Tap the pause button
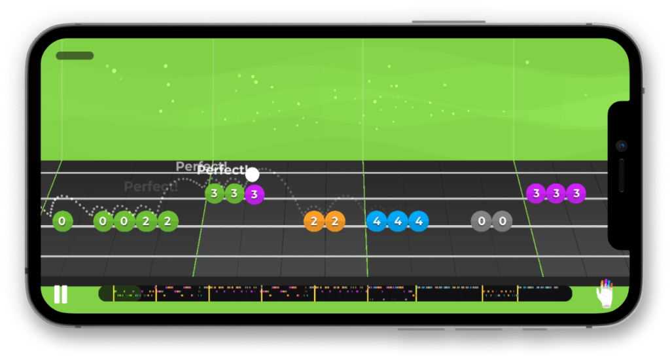(60, 295)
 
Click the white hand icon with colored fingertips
(607, 294)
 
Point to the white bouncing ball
(252, 175)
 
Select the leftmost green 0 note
(62, 221)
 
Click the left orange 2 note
(314, 221)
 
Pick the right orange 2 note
(334, 221)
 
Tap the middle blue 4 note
(397, 221)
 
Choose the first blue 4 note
(376, 221)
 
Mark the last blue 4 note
(418, 221)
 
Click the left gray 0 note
(482, 221)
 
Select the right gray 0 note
(502, 221)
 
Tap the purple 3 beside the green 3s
(255, 194)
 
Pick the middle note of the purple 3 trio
(555, 193)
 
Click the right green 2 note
(167, 221)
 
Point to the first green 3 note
(214, 193)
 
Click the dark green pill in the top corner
(75, 56)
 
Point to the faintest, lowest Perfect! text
(150, 187)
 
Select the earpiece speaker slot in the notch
(621, 175)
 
